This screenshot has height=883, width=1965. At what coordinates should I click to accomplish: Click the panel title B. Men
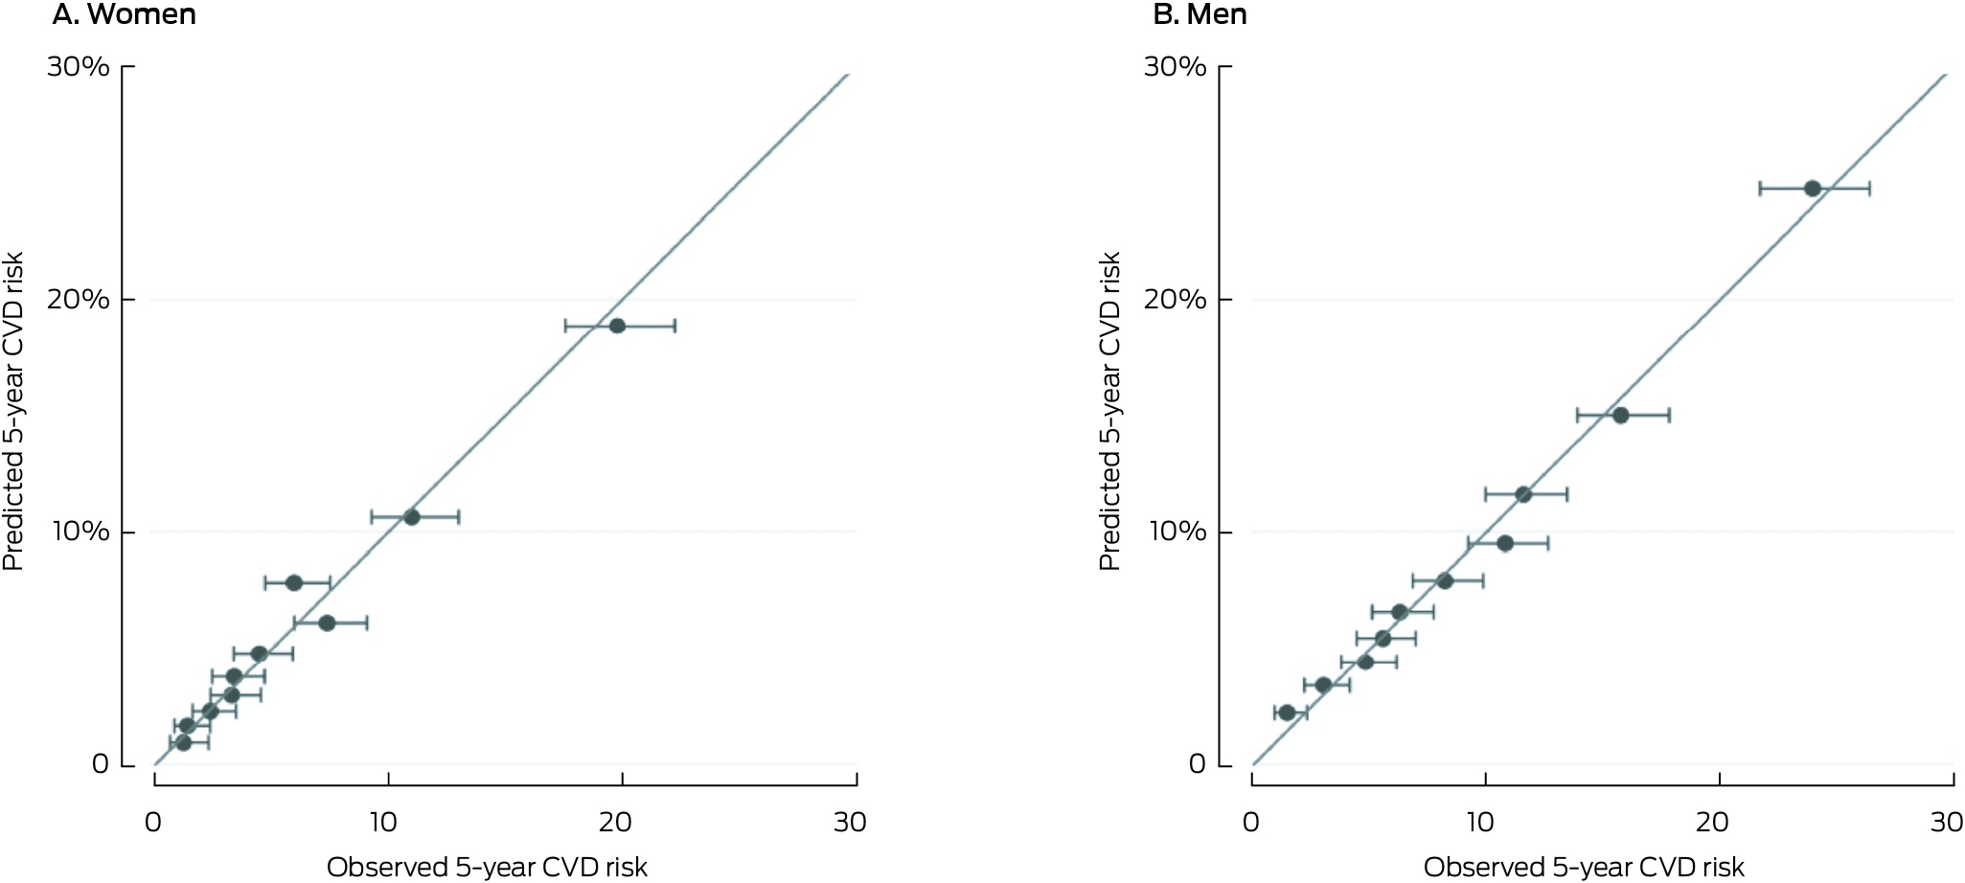tap(1200, 14)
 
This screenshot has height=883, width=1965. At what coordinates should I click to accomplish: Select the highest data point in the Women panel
tap(617, 326)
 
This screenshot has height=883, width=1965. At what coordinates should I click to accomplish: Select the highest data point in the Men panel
tap(1812, 189)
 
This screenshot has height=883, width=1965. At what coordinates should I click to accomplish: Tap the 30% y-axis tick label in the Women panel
tap(79, 67)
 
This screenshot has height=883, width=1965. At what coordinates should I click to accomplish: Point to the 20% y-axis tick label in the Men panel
tap(1176, 299)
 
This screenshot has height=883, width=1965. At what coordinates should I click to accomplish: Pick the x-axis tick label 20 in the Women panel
tap(616, 822)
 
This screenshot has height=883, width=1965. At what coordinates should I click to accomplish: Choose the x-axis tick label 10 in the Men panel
tap(1481, 822)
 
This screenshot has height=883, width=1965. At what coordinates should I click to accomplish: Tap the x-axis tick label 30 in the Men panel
tap(1947, 822)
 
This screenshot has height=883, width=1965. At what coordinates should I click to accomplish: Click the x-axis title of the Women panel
tap(487, 868)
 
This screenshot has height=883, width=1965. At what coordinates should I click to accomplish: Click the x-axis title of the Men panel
tap(1584, 868)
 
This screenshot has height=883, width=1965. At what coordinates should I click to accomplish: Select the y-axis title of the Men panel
tap(1109, 412)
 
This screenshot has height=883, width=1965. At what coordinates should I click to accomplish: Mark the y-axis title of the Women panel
tap(12, 412)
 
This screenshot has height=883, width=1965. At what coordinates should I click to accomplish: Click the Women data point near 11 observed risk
tap(412, 517)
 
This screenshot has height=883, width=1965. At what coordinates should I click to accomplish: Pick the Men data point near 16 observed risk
tap(1620, 416)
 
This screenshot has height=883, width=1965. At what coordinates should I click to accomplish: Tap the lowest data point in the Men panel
tap(1287, 713)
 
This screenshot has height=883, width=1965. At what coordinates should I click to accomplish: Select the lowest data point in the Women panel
tap(183, 742)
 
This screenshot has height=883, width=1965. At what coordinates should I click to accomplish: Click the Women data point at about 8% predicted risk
tap(294, 583)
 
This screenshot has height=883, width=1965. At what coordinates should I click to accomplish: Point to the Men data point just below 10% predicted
tap(1505, 544)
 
